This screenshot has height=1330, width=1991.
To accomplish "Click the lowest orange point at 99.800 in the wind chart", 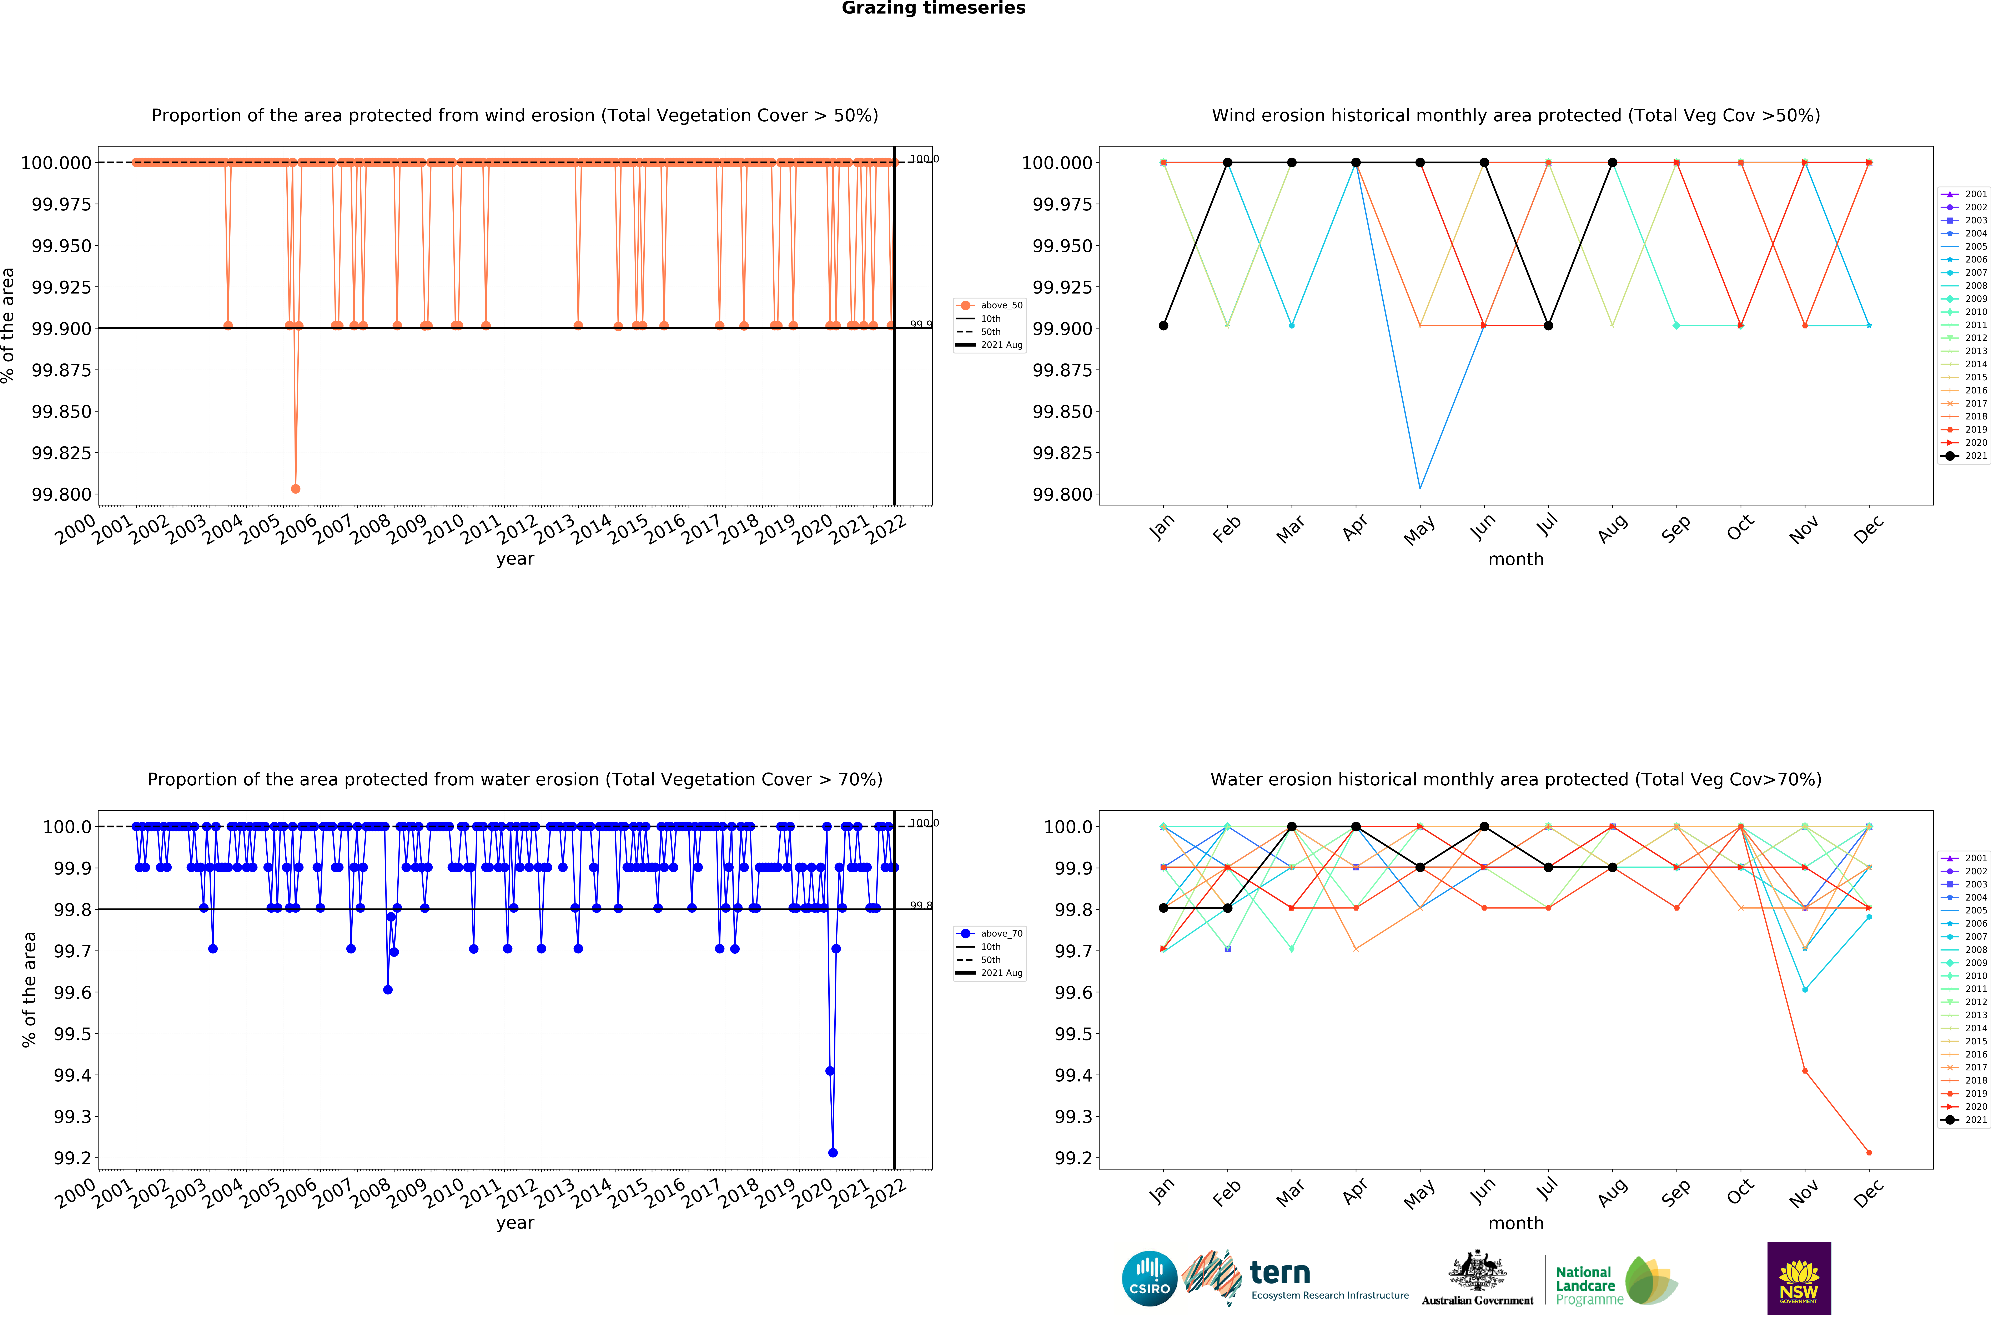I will pos(295,489).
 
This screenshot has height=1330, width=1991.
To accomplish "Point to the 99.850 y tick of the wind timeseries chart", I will pos(61,411).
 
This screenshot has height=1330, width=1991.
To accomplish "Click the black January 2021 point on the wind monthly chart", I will pos(1163,326).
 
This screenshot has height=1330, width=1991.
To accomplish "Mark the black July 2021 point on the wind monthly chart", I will pos(1549,326).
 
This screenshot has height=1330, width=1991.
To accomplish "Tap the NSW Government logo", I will pos(1798,1278).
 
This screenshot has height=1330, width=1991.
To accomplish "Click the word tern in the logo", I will pos(1280,1272).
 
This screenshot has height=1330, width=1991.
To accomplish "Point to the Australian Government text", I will pos(1478,1300).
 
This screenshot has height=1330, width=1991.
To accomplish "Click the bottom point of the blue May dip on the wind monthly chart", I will pos(1420,488).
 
